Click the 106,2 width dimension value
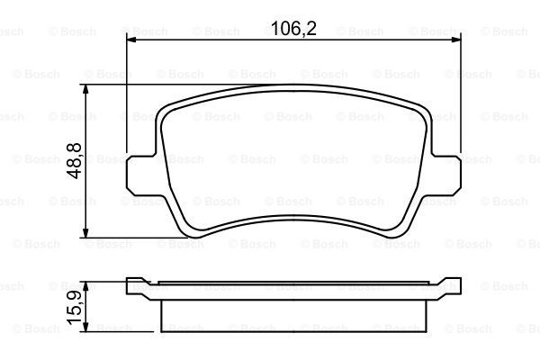(293, 28)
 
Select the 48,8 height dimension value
(75, 160)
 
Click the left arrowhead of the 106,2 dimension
(132, 40)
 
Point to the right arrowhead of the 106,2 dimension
(455, 40)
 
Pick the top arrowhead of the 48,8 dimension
(85, 90)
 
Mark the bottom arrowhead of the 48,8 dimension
(85, 232)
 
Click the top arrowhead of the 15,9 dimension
(85, 286)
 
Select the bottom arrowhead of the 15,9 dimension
(85, 327)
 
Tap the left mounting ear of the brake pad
(140, 175)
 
